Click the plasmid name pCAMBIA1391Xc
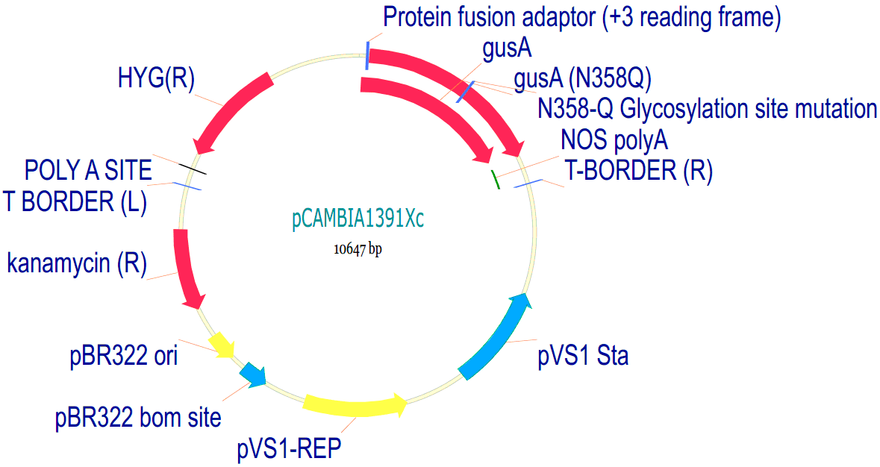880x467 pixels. (359, 220)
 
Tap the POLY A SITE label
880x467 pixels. (88, 171)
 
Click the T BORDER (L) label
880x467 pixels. (74, 201)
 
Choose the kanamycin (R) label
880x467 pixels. (77, 263)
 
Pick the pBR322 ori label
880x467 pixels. (124, 356)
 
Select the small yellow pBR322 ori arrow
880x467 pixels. (222, 345)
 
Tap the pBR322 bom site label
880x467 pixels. (138, 417)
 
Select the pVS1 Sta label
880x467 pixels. (583, 356)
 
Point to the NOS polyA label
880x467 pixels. (614, 140)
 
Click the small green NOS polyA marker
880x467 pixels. (494, 179)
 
